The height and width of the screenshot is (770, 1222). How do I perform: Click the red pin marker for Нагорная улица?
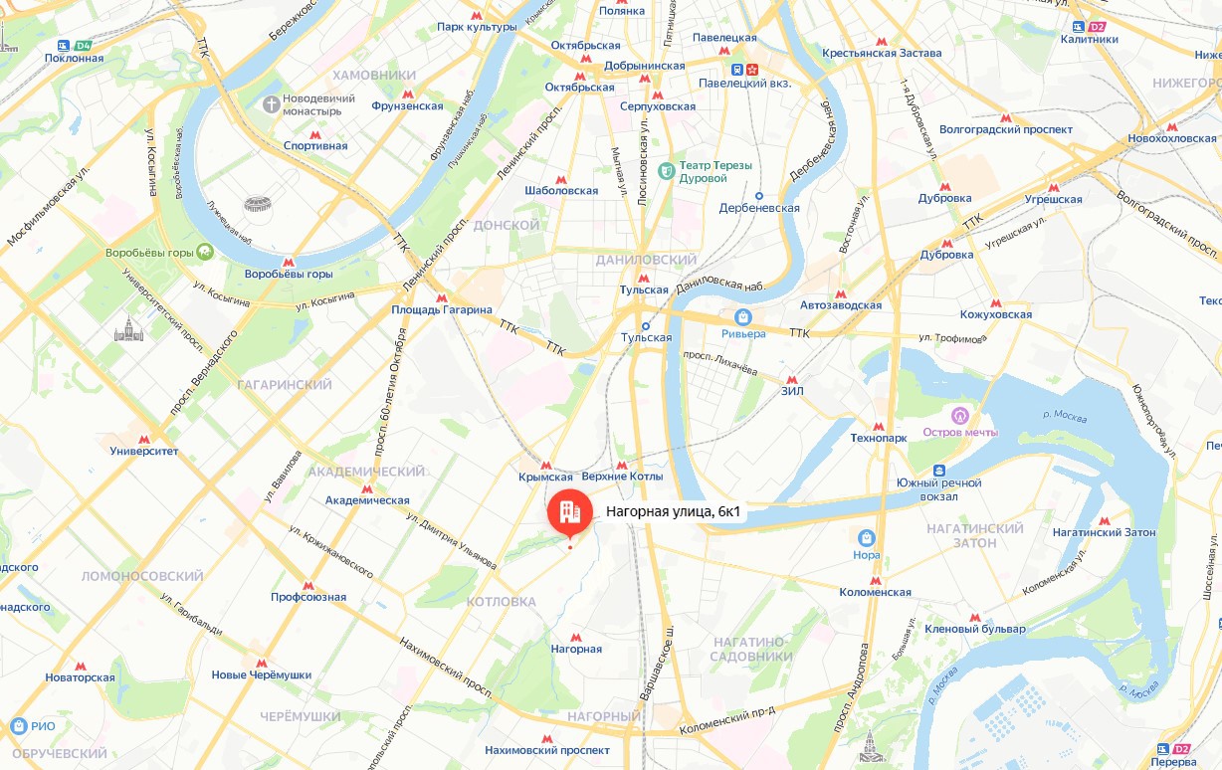click(x=569, y=512)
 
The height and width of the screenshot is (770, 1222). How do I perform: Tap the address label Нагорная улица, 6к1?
click(x=673, y=512)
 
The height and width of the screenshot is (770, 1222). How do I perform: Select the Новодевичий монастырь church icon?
click(x=271, y=103)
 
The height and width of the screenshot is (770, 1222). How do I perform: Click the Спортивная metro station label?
click(x=315, y=146)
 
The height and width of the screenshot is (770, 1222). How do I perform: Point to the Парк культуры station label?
click(x=477, y=27)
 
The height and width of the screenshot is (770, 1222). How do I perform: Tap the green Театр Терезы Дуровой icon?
click(x=667, y=171)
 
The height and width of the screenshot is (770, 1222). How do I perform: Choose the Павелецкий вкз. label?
click(x=745, y=84)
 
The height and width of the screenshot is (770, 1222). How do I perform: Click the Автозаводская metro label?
click(x=841, y=305)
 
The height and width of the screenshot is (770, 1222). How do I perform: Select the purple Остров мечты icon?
click(x=960, y=415)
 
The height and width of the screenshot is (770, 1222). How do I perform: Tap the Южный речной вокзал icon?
click(x=938, y=470)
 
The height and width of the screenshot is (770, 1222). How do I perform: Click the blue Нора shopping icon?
click(x=866, y=538)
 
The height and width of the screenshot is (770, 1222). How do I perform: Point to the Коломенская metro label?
click(x=875, y=592)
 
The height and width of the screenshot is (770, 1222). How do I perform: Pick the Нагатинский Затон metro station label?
click(x=1104, y=532)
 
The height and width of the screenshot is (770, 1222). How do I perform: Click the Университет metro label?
click(x=144, y=451)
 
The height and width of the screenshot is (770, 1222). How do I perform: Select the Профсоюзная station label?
click(x=308, y=597)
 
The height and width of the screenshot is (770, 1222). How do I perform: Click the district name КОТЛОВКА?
click(x=501, y=602)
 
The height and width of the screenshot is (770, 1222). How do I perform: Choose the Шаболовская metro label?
click(x=561, y=190)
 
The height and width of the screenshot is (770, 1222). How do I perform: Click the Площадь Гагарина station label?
click(x=442, y=309)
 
